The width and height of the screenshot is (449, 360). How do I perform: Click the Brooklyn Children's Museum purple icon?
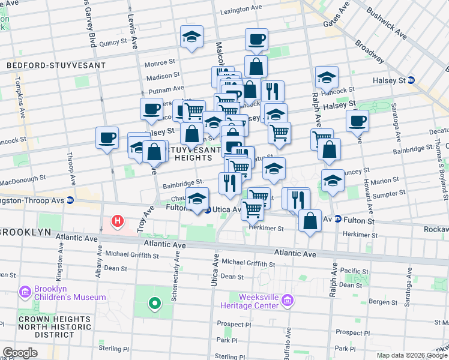pos(25,292)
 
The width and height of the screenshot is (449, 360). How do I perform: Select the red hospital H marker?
pos(118,221)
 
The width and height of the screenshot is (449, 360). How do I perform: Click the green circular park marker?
pos(154,304)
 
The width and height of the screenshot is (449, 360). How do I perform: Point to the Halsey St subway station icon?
pos(411,80)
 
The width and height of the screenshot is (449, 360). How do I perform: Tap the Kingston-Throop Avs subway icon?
pos(70,200)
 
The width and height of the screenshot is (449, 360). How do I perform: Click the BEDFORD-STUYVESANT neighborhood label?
pos(55,65)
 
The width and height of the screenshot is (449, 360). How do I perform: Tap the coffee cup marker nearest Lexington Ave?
pos(256,40)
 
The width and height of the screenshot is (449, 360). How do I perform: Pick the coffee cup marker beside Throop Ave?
pos(107,138)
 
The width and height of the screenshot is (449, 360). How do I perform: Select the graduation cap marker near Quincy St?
pos(191,37)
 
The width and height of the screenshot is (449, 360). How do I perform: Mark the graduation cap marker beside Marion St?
pos(333,180)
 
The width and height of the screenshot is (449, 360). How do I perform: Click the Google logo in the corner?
pos(20,353)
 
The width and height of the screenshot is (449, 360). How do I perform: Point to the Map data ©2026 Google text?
pos(412,355)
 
